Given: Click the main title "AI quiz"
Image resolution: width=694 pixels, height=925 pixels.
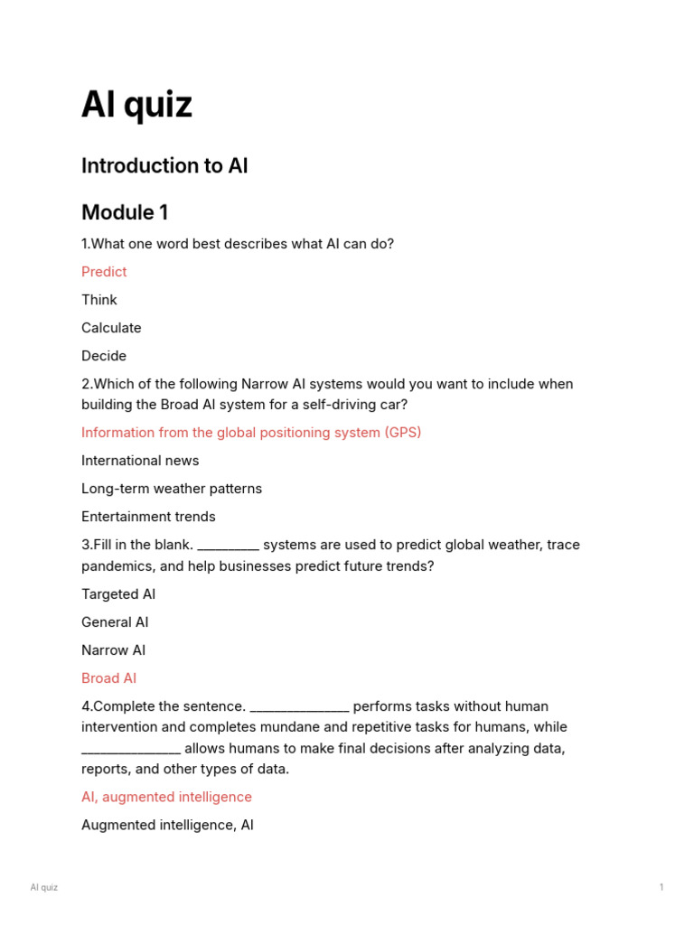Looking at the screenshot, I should (136, 106).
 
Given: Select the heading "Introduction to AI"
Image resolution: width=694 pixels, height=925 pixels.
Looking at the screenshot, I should (164, 166).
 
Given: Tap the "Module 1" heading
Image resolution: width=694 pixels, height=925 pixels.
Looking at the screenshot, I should (125, 213).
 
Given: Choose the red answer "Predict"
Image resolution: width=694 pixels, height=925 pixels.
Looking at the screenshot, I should (104, 272).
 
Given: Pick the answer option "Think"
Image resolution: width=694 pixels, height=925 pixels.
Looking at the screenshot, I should (99, 300).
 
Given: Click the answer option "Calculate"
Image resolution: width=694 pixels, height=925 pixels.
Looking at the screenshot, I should (111, 328).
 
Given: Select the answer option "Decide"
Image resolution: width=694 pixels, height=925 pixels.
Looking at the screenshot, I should (104, 356).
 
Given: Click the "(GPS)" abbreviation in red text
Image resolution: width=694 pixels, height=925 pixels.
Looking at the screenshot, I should (403, 433).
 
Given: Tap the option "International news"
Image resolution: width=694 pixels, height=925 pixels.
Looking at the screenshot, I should (140, 461).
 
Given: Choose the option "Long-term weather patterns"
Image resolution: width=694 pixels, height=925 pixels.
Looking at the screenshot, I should (172, 489).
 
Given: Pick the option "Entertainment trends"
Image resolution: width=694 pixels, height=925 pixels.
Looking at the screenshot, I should (148, 517).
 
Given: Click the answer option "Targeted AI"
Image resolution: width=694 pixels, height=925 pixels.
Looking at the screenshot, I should (118, 594).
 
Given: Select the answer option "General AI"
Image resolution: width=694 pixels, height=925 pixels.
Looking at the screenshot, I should (115, 622).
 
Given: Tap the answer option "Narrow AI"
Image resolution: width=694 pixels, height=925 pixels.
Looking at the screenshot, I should (113, 650).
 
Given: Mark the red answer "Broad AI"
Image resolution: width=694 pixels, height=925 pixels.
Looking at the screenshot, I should (108, 678).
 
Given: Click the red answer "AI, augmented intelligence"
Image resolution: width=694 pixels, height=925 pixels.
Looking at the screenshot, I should (166, 797).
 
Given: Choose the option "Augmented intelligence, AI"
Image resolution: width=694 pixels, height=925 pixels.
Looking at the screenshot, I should (167, 825).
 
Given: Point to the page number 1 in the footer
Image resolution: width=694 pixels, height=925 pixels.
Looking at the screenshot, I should (661, 887).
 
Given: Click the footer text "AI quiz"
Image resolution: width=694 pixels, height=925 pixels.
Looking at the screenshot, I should (43, 887).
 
